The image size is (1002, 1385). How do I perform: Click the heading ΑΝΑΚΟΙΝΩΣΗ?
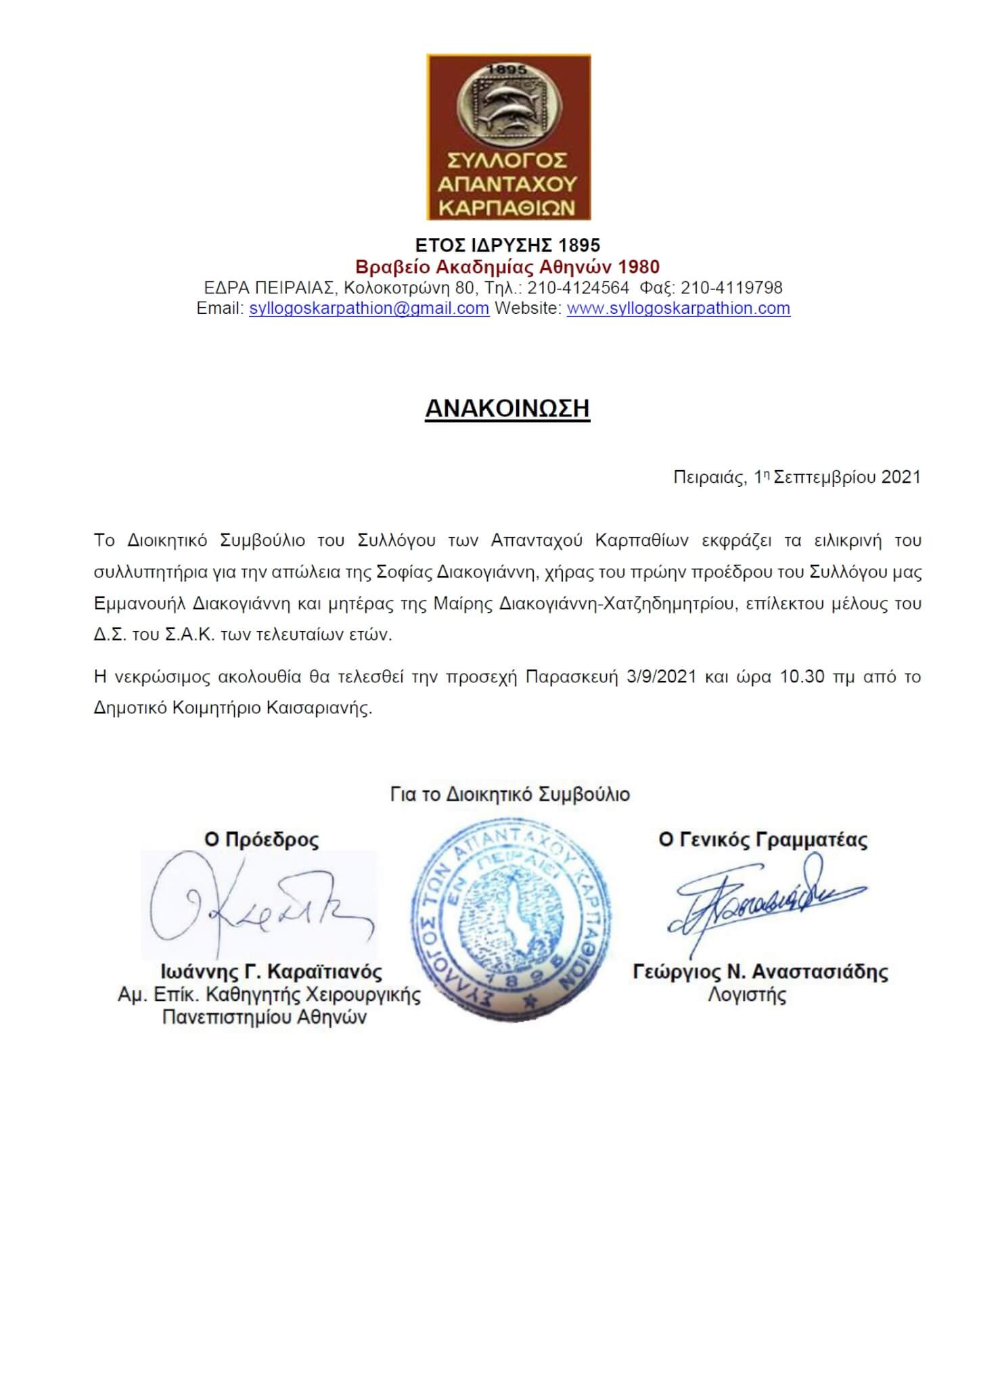point(507,408)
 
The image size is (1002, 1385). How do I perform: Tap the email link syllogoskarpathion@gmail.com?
point(369,308)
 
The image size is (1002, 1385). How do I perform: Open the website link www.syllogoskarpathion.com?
point(678,308)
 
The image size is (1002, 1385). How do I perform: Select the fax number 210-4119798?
point(731,288)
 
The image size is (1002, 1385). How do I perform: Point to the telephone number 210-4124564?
point(578,288)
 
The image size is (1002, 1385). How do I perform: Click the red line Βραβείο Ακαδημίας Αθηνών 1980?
point(507,267)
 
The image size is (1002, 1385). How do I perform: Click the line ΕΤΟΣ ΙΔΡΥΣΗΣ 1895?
point(507,245)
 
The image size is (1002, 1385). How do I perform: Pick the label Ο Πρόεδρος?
point(261,840)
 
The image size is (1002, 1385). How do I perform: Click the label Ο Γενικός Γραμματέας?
point(762,840)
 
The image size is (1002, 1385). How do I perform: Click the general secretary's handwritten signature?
point(765,899)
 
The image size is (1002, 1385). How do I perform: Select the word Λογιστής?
point(747,995)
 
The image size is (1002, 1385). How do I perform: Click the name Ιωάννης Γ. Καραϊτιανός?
point(271,972)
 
